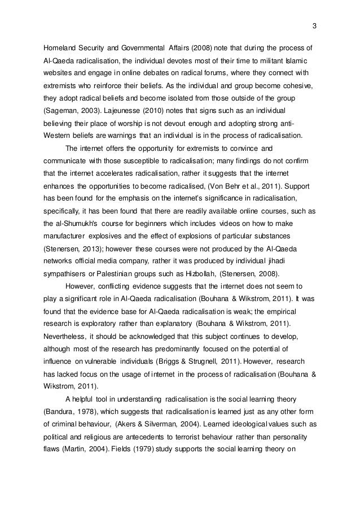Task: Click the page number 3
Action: [314, 25]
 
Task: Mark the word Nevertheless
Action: [66, 340]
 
